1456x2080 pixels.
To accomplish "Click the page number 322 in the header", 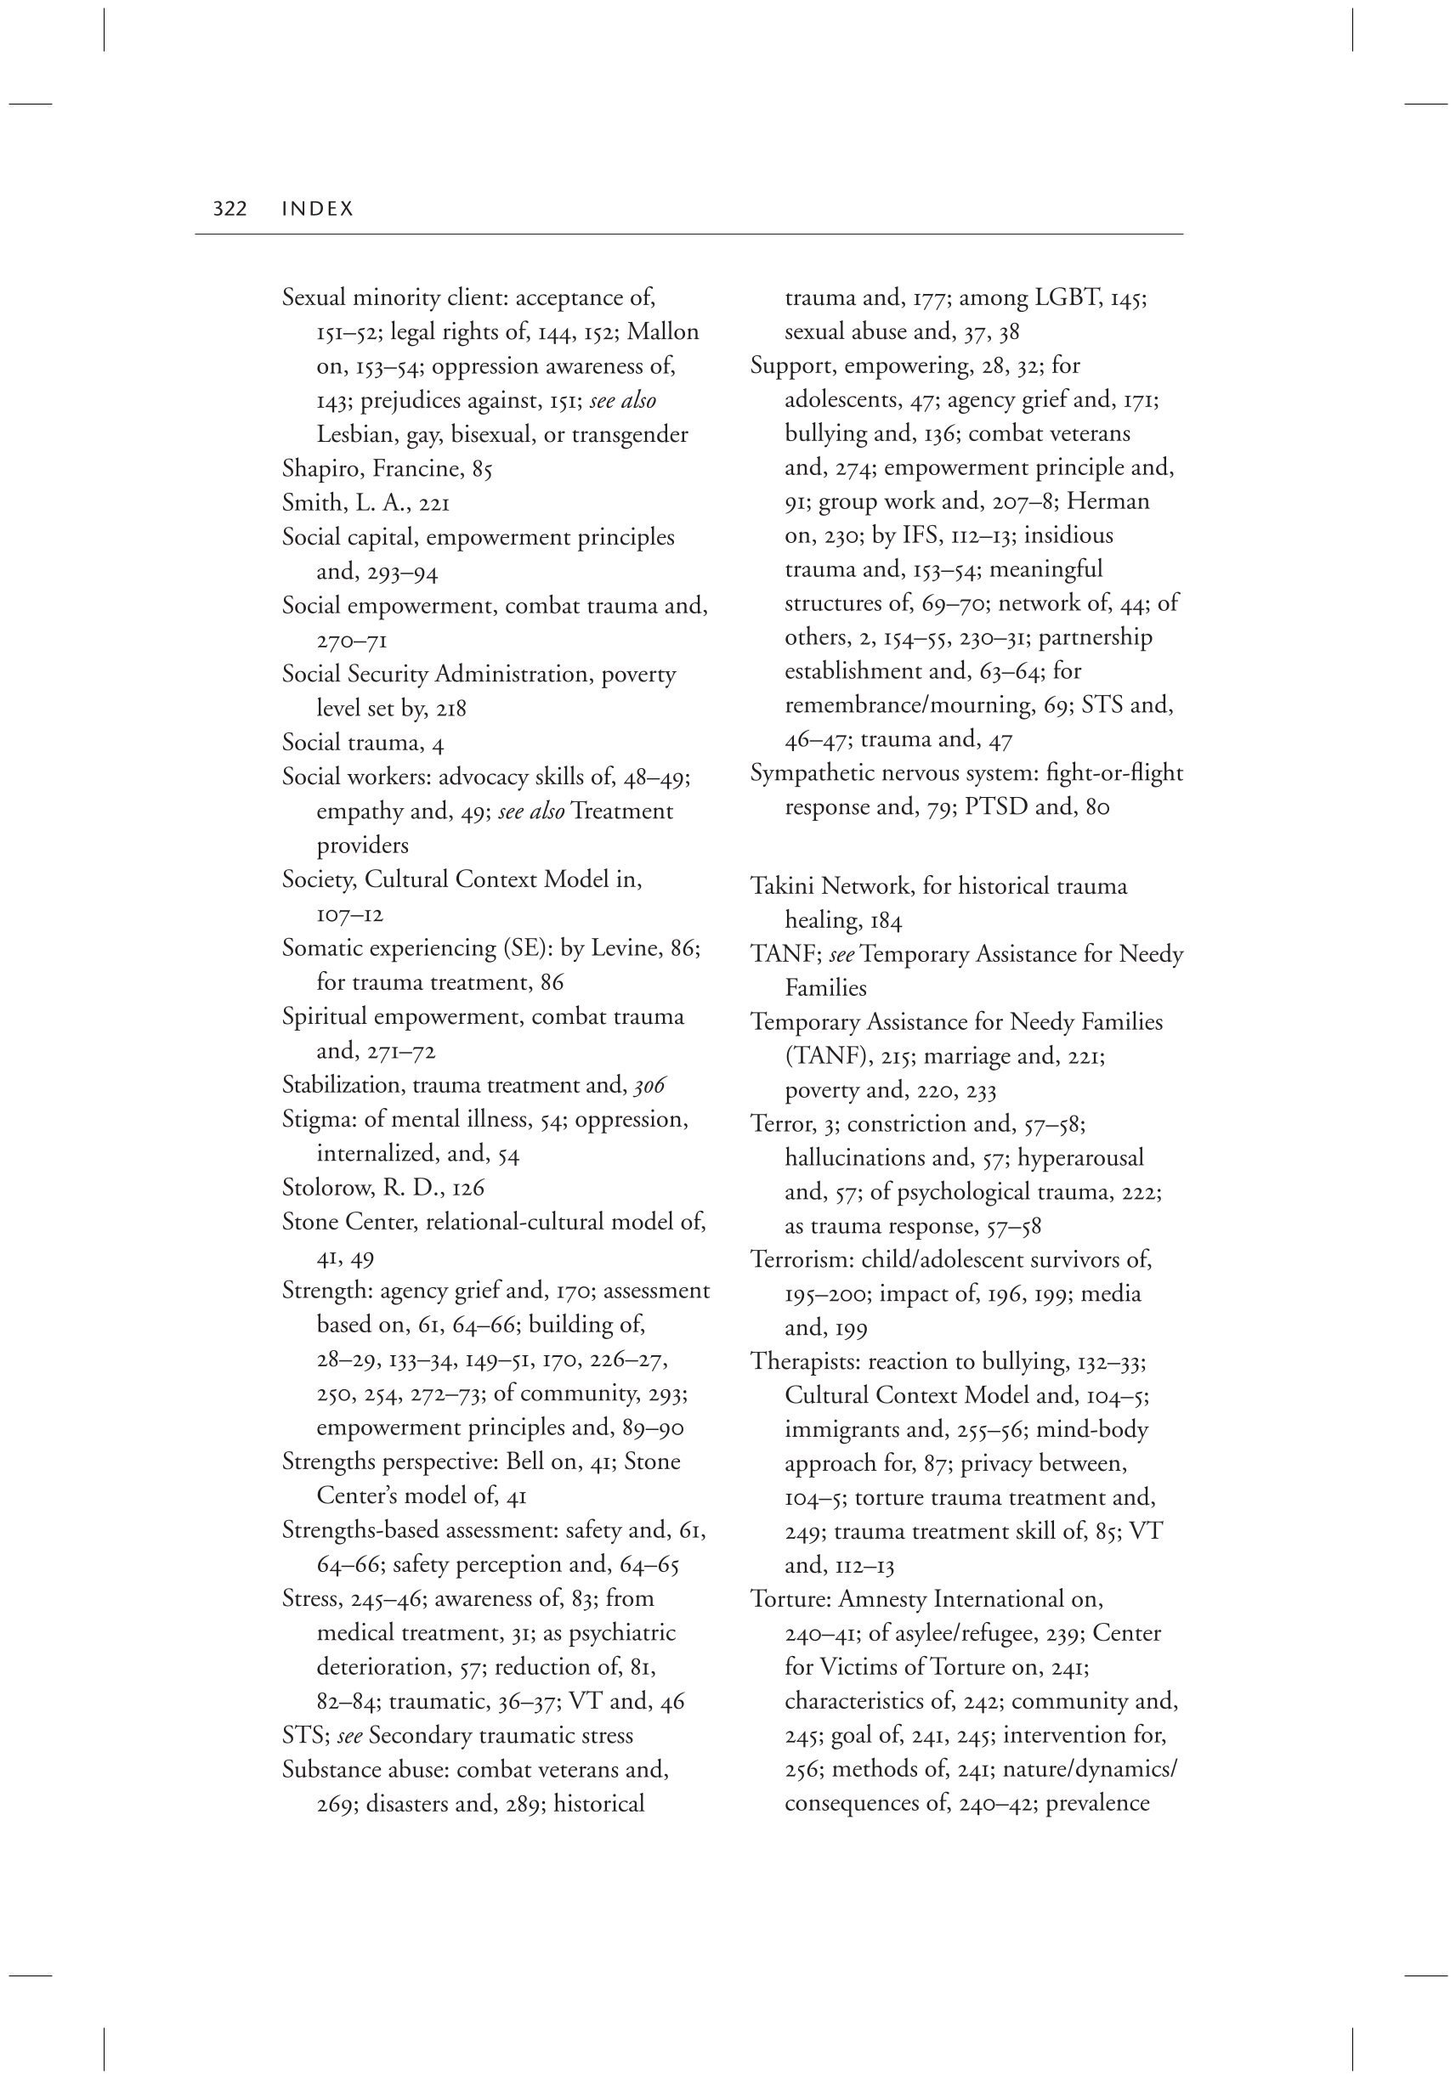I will [229, 209].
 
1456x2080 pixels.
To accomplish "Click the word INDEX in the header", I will [317, 209].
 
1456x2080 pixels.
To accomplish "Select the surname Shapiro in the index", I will [320, 469].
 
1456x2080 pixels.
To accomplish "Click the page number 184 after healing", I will [887, 921].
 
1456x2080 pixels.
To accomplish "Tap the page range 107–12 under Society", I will [349, 914].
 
